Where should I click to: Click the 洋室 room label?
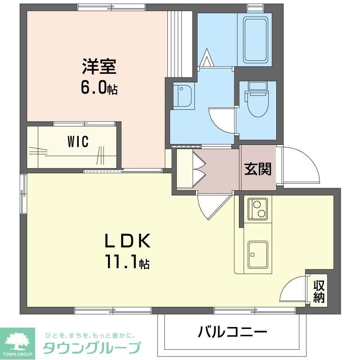[99, 67]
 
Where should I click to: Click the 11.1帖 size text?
[127, 262]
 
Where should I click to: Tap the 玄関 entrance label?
[258, 169]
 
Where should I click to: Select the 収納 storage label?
[319, 291]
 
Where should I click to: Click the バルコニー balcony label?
[233, 333]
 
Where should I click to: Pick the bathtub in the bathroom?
[257, 40]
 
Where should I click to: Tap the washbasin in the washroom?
[184, 96]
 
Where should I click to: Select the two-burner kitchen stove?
[258, 209]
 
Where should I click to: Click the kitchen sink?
[258, 254]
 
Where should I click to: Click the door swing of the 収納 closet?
[293, 290]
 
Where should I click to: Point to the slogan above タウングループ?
[90, 335]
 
